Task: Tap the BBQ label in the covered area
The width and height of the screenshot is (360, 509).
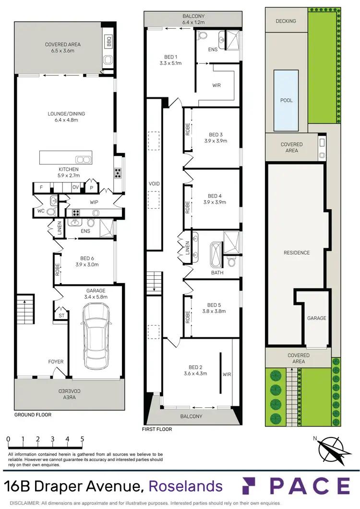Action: click(x=108, y=39)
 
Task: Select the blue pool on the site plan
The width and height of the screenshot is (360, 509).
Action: click(x=286, y=100)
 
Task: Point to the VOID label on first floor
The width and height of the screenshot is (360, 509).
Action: click(x=154, y=184)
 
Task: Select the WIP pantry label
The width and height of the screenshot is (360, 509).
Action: click(x=92, y=202)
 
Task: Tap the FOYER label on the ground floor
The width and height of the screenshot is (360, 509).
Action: click(x=56, y=362)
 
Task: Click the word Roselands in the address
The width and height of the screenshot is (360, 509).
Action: click(x=186, y=486)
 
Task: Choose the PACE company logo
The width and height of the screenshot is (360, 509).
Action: click(x=295, y=486)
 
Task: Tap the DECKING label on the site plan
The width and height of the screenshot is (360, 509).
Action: click(x=286, y=21)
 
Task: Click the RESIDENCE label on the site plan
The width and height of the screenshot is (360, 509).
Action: click(x=296, y=253)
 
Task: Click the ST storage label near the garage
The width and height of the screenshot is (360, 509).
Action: click(x=60, y=316)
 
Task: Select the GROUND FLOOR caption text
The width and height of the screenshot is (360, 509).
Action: click(x=33, y=414)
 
